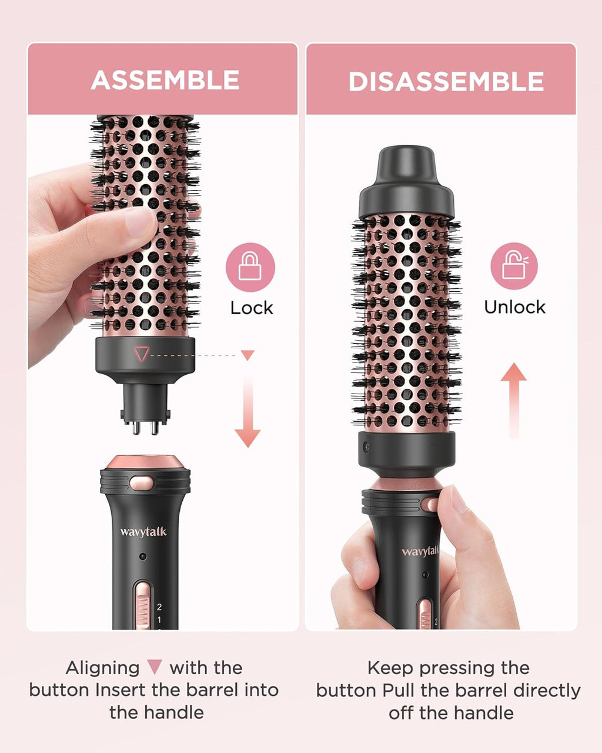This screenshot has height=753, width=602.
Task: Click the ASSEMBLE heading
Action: tap(165, 80)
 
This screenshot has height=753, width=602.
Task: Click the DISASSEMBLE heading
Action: tap(446, 82)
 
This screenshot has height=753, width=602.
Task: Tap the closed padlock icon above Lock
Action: tap(250, 268)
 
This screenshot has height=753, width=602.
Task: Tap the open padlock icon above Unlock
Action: tap(514, 266)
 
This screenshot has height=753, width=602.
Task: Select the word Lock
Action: tap(252, 308)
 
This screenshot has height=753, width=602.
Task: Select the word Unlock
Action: tap(514, 307)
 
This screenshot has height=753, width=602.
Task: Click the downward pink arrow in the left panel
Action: tap(248, 412)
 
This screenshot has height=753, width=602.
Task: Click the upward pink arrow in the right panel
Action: tap(513, 400)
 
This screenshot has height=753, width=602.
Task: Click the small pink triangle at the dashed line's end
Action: tap(248, 355)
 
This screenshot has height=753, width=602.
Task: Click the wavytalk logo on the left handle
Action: tap(143, 532)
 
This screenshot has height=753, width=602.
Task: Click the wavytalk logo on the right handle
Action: tap(420, 551)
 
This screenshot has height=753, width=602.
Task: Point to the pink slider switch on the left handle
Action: tap(142, 606)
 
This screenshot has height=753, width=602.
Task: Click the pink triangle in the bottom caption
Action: tap(155, 667)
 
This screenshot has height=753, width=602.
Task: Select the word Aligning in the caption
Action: tap(103, 668)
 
